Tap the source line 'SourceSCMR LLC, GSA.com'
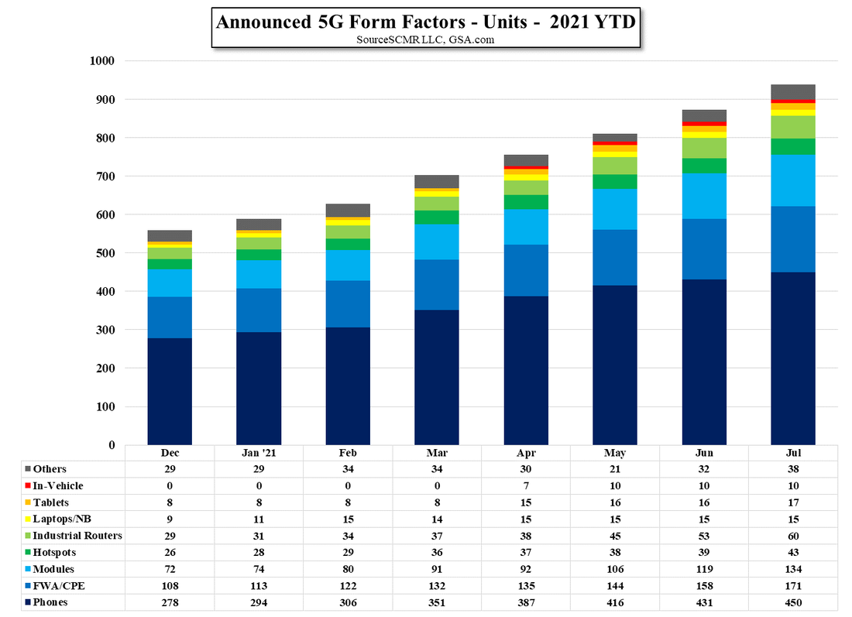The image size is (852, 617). point(425,39)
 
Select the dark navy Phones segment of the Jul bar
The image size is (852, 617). point(793,358)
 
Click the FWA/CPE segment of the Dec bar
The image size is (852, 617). point(170,317)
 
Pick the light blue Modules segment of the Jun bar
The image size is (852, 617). point(704,196)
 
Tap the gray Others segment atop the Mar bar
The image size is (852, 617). point(437,182)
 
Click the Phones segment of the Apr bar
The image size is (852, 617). point(526,370)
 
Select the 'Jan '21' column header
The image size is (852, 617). point(259,453)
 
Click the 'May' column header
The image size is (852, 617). point(615,453)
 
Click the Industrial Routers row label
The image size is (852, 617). point(77,536)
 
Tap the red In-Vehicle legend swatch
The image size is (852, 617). point(28,486)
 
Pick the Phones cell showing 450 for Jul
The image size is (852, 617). point(793,602)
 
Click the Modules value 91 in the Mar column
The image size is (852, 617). point(437,569)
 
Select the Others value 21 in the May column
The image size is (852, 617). point(615,469)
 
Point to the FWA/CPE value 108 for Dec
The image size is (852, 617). point(170,586)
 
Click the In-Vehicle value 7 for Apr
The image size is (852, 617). point(526,486)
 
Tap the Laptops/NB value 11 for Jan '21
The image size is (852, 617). point(259,519)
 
